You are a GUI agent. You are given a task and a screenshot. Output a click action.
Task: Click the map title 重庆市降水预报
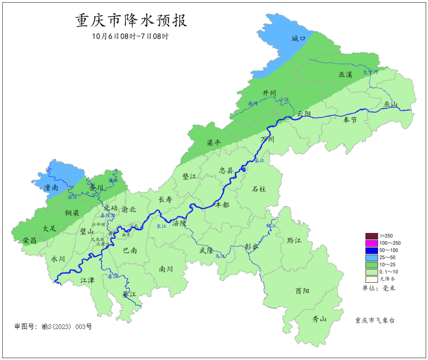pyautogui.click(x=131, y=21)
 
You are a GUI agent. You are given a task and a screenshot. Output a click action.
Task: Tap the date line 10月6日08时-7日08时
pyautogui.click(x=131, y=36)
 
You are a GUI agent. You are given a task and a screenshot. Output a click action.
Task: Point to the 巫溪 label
pyautogui.click(x=345, y=74)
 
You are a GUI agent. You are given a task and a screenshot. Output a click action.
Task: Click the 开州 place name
pyautogui.click(x=269, y=93)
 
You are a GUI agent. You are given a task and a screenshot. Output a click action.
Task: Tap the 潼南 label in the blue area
pyautogui.click(x=51, y=187)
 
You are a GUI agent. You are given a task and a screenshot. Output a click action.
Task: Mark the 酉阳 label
pyautogui.click(x=302, y=291)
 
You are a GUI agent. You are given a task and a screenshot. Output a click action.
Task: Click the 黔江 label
pyautogui.click(x=294, y=241)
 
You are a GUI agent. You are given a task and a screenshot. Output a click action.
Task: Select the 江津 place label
pyautogui.click(x=88, y=280)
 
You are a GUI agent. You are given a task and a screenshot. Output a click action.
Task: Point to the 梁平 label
pyautogui.click(x=214, y=143)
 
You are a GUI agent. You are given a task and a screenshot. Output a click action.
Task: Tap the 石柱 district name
pyautogui.click(x=259, y=189)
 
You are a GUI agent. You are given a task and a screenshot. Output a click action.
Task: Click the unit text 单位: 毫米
pyautogui.click(x=379, y=288)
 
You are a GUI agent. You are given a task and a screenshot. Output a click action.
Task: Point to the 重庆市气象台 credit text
pyautogui.click(x=375, y=320)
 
